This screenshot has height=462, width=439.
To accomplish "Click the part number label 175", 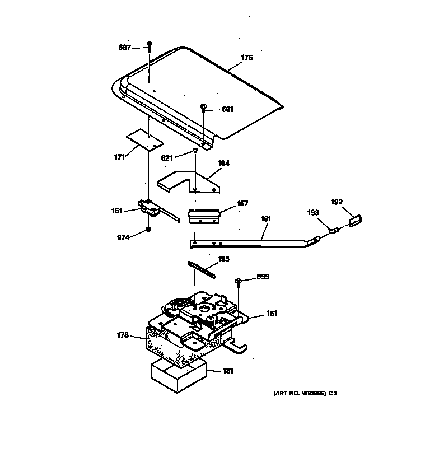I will click(246, 58).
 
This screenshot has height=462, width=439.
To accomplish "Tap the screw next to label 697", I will click(150, 45).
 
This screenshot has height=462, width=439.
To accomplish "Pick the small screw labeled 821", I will click(195, 151).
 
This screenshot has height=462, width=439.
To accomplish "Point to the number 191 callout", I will click(264, 221).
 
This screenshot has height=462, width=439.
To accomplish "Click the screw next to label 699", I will click(239, 280).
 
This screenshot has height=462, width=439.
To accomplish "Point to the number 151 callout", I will click(271, 314).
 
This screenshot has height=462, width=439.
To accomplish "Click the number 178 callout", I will click(123, 335).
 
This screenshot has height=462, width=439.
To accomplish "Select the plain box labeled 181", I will click(178, 376).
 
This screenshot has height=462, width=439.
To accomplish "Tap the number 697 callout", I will click(125, 48).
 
